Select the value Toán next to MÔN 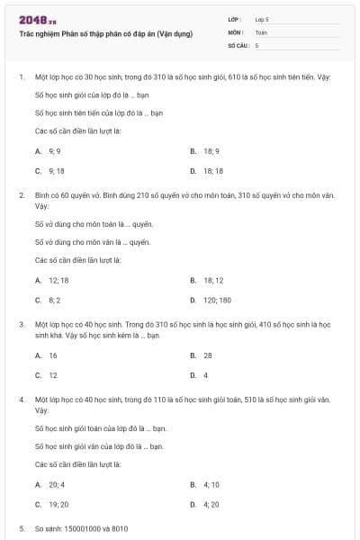(261, 31)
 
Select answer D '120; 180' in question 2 (217, 300)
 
